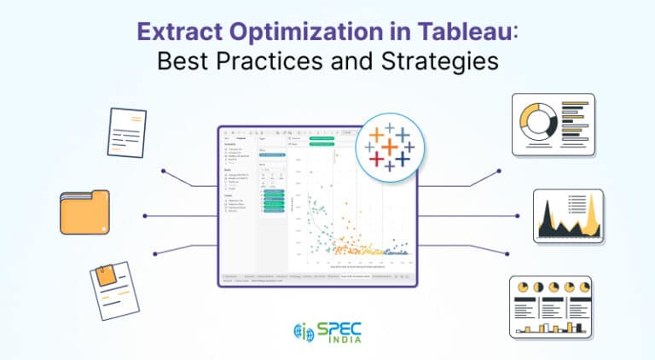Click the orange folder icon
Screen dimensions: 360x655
pyautogui.click(x=84, y=212)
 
